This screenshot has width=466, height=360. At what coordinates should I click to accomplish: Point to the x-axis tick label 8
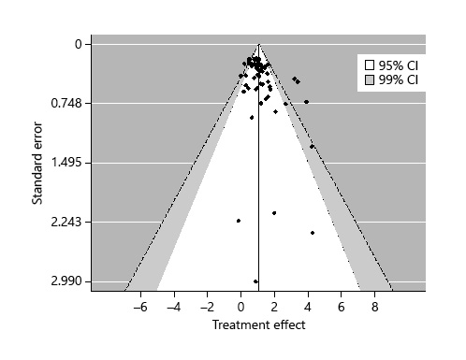click(375, 306)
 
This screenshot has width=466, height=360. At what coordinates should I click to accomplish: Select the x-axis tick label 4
click(308, 306)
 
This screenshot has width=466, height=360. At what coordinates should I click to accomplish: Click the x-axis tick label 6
click(342, 306)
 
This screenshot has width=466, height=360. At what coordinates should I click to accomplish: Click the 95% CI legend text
click(398, 65)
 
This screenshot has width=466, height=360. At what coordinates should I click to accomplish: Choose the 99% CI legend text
click(398, 80)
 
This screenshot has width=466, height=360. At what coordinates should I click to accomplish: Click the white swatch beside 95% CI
click(370, 65)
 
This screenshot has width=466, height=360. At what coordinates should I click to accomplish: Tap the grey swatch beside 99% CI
click(370, 80)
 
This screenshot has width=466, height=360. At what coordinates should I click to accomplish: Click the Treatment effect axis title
click(258, 324)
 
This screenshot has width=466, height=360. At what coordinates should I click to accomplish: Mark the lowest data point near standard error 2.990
click(255, 281)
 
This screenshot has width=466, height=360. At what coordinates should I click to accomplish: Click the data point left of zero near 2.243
click(239, 221)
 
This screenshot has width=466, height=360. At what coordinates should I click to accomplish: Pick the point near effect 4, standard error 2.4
click(313, 233)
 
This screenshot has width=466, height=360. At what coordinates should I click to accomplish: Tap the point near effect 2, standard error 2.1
click(274, 212)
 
